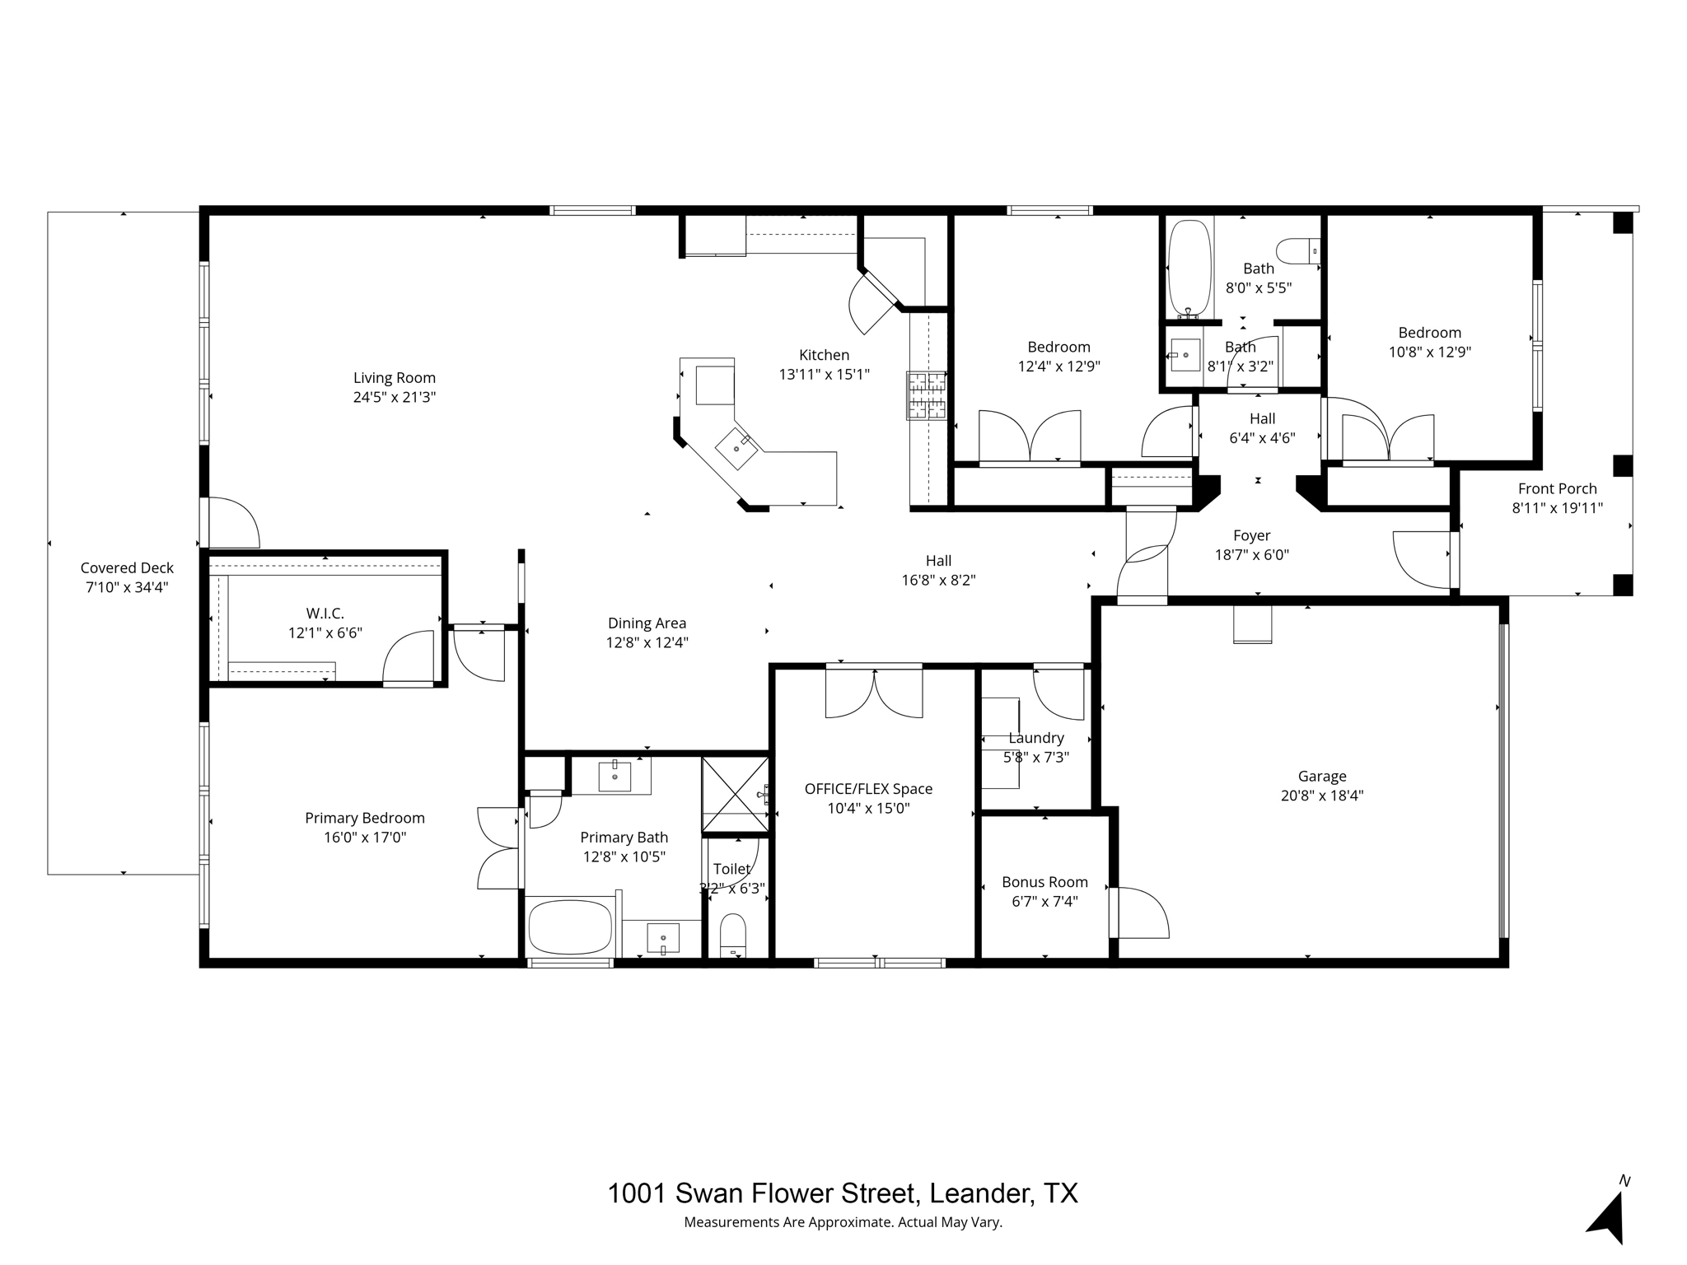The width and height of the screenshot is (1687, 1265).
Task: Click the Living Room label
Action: [x=394, y=378]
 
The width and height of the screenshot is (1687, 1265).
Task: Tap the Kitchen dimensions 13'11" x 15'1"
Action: [x=824, y=375]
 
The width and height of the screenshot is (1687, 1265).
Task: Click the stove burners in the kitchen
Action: [x=927, y=395]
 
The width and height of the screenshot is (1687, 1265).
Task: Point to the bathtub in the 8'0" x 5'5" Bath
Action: [x=1189, y=268]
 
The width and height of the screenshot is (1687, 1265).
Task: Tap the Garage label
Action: [x=1321, y=776]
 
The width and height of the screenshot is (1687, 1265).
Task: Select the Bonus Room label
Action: [x=1044, y=882]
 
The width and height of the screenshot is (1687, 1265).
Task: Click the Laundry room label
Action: [x=1036, y=738]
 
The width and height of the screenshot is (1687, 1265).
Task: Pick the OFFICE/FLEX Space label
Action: [x=868, y=789]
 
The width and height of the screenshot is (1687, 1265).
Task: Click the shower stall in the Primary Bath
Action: [x=734, y=795]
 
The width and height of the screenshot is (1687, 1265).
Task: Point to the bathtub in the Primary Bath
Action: [x=570, y=927]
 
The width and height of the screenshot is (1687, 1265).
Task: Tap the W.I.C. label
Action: [x=325, y=614]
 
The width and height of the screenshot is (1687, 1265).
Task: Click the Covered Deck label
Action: [x=127, y=567]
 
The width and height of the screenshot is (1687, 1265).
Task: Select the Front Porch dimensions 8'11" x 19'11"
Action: [x=1557, y=508]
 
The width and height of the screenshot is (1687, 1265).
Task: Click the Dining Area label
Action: [x=647, y=623]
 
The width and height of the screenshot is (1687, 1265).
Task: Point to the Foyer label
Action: [x=1251, y=535]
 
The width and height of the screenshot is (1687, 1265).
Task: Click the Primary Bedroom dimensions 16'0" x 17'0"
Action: [x=365, y=838]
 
